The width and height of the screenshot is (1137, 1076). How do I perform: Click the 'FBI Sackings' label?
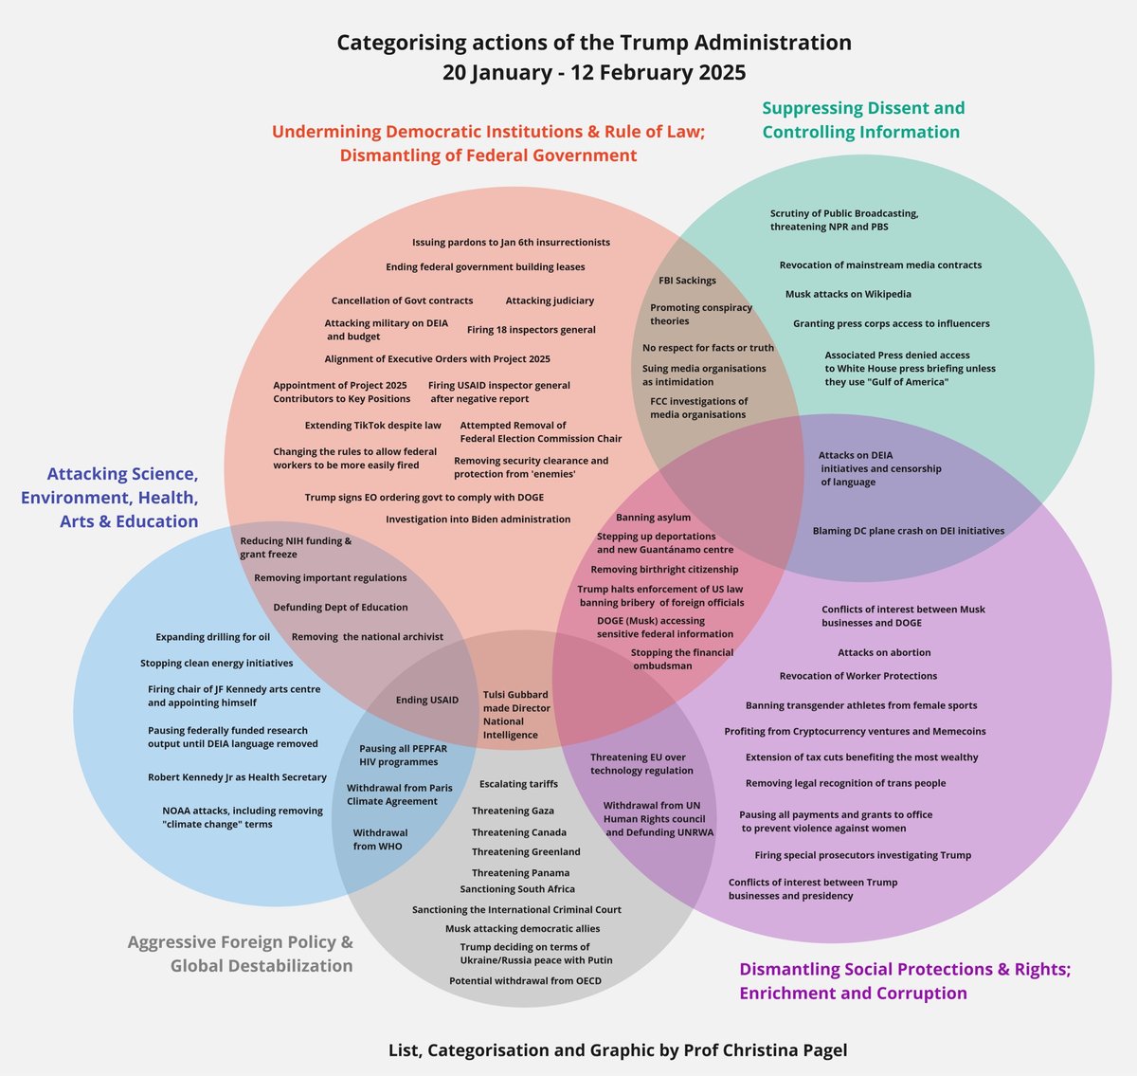coord(687,281)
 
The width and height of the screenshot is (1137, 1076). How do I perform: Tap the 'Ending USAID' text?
coord(426,701)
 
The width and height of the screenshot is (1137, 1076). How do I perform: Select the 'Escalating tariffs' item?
coord(518,784)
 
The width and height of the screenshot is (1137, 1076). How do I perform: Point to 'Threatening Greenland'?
coord(526,852)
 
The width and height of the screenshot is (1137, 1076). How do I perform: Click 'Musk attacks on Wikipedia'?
coord(848,295)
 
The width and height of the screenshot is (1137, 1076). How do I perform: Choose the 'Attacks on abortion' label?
coord(884,653)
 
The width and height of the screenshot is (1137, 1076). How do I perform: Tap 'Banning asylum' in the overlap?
coord(653,518)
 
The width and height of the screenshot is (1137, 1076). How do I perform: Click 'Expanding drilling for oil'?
coord(212,637)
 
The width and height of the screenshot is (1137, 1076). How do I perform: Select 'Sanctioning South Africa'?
coord(517,889)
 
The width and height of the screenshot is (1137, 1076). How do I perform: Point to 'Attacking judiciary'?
coord(550,301)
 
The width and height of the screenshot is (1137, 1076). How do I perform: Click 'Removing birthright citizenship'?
coord(664,570)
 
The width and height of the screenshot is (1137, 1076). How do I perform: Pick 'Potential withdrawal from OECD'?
coord(525,981)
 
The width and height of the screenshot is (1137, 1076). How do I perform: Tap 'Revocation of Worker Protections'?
coord(857,676)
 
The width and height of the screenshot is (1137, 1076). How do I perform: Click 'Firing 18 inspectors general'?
coord(531,330)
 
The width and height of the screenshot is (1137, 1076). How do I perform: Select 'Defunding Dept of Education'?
coord(340,608)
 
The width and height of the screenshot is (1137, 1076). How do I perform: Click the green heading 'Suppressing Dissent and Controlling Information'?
coord(862,120)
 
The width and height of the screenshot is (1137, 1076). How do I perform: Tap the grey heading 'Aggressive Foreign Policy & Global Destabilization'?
coord(241,954)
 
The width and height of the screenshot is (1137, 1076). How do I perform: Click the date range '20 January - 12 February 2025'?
coord(594,72)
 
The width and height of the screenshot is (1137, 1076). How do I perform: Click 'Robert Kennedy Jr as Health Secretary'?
coord(237,777)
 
